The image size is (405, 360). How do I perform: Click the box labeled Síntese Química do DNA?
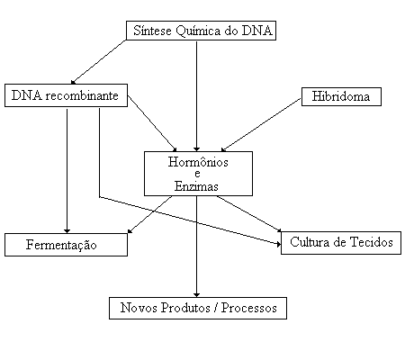click(201, 31)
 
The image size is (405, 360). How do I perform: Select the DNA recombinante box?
click(66, 95)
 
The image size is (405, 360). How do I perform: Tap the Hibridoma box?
click(341, 96)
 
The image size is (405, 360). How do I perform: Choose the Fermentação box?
click(66, 245)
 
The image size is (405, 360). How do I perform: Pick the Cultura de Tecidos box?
click(341, 243)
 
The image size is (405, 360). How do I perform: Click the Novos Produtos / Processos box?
click(198, 308)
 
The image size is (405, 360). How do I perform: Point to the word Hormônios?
click(198, 162)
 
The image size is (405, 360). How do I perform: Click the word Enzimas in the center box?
click(196, 186)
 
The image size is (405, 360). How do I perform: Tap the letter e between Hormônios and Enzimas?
click(197, 174)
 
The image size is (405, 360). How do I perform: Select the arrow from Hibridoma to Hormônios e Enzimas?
click(261, 124)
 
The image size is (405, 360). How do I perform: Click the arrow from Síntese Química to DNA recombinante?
click(98, 62)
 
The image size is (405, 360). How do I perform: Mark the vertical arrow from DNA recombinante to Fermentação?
click(67, 171)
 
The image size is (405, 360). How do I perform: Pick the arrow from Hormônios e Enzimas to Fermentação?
click(150, 215)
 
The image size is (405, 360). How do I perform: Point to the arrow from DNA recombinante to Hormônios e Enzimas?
click(152, 123)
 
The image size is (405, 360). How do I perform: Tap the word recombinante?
click(82, 95)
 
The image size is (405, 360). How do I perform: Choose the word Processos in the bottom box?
click(249, 308)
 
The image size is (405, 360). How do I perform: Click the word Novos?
click(139, 308)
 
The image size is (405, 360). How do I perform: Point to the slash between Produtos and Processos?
click(216, 308)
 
